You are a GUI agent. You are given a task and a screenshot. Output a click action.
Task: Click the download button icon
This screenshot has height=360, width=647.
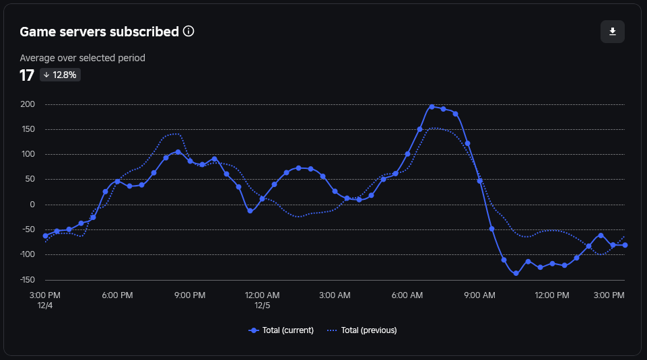(x=613, y=32)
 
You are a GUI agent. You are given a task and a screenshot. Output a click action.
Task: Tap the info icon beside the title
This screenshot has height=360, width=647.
(x=189, y=32)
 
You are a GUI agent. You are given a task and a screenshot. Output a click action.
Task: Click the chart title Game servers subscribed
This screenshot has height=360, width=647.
(x=99, y=32)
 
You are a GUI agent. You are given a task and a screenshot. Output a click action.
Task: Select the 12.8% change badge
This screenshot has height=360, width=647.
(x=60, y=75)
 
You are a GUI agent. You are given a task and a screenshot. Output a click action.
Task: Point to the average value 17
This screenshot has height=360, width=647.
(x=27, y=75)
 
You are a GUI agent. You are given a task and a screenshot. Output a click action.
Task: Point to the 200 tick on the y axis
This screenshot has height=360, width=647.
(x=28, y=104)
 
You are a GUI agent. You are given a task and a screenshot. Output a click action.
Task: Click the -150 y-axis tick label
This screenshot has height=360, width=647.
(x=28, y=279)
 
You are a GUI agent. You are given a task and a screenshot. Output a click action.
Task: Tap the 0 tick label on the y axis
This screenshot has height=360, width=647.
(x=32, y=205)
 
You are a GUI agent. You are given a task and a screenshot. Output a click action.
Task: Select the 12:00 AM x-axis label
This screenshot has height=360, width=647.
(x=262, y=295)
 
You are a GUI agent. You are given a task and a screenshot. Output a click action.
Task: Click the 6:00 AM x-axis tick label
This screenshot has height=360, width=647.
(x=407, y=295)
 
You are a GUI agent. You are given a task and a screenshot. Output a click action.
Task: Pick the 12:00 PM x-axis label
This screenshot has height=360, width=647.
(x=551, y=295)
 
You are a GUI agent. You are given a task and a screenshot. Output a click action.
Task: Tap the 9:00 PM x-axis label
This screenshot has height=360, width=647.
(x=190, y=295)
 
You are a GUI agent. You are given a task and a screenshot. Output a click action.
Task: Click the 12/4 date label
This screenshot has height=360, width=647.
(x=45, y=305)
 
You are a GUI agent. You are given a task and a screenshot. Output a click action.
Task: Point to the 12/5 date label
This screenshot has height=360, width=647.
(x=262, y=305)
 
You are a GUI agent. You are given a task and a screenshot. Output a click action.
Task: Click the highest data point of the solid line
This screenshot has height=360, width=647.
(x=432, y=106)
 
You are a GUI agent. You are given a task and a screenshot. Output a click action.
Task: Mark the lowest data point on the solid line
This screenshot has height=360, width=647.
(x=516, y=273)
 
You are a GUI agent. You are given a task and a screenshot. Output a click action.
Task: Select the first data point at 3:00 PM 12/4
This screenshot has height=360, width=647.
(x=45, y=236)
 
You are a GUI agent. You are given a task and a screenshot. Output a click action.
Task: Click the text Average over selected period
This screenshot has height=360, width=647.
(x=82, y=58)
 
